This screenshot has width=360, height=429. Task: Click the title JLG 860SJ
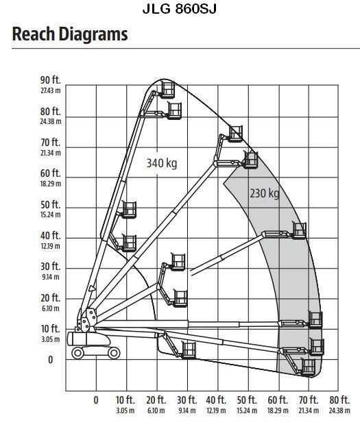[180, 9]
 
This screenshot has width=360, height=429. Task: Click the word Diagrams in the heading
[93, 34]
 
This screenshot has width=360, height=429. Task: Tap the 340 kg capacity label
[162, 163]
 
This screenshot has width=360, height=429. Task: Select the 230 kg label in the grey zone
[265, 193]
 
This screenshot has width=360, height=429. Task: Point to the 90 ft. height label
[51, 80]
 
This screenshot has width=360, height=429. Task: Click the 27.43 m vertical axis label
[51, 90]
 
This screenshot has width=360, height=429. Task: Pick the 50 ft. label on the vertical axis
[51, 205]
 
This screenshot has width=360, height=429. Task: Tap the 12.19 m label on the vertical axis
[51, 246]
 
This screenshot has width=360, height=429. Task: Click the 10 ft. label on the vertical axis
[51, 328]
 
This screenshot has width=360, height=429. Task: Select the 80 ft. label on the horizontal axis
[339, 400]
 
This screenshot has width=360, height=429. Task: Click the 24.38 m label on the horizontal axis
[339, 410]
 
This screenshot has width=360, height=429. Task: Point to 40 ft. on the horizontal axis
[216, 400]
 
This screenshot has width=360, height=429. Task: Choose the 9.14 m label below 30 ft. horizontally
[187, 410]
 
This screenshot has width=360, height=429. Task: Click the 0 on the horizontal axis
[96, 400]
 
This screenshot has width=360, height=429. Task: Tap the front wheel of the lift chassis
[114, 353]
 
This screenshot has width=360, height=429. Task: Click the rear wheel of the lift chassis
[77, 353]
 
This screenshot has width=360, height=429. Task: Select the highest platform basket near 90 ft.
[167, 89]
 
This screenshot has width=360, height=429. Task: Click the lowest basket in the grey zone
[309, 367]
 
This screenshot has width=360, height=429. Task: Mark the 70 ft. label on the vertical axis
[51, 143]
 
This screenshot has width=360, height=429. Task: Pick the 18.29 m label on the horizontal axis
[278, 410]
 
